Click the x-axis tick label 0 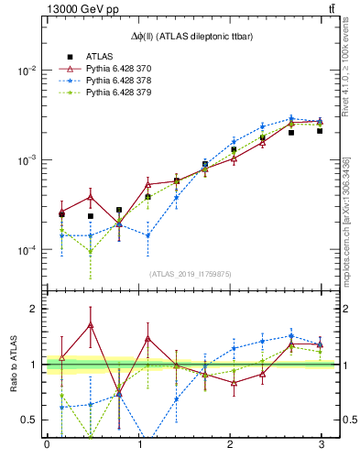(47, 445)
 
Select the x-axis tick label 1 (138, 445)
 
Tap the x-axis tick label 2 (229, 445)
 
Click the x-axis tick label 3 (320, 445)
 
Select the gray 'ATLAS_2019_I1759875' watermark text (191, 273)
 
